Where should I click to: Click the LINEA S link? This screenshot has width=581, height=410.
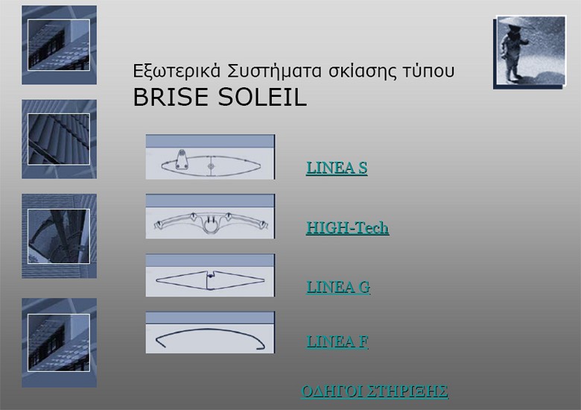pos(336,168)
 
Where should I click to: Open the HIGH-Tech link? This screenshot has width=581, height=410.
pos(347,228)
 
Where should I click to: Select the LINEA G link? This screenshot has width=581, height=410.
pos(338,287)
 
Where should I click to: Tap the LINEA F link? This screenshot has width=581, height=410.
pos(337,341)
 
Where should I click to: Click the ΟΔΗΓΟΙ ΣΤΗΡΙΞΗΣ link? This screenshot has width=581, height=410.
pos(374,391)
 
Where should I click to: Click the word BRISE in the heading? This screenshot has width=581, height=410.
pos(168,98)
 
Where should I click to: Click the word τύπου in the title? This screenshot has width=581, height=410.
pos(427,72)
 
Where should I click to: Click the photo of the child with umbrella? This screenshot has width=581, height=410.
pos(530,51)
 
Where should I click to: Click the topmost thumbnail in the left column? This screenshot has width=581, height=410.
pos(59,45)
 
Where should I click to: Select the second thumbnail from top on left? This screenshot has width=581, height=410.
pos(59,139)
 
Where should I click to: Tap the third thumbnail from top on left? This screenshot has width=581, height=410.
pos(59,236)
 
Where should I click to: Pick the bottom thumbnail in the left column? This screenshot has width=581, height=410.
pos(59,342)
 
